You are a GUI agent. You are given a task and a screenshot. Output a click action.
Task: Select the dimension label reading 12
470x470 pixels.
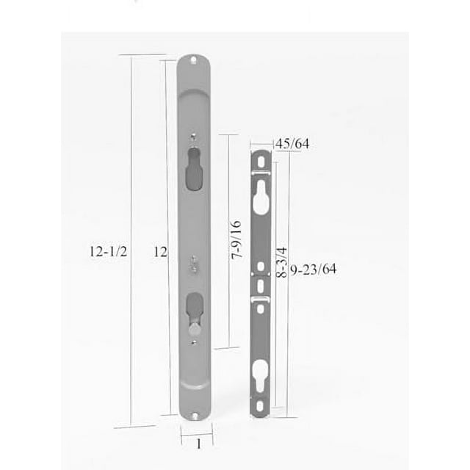(x=160, y=252)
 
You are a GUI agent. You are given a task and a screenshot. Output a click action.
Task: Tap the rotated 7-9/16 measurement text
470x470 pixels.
(x=236, y=240)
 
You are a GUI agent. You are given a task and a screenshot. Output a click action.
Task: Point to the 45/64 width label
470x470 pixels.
(x=291, y=143)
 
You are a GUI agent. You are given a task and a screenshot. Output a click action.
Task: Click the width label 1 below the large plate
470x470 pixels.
(x=197, y=444)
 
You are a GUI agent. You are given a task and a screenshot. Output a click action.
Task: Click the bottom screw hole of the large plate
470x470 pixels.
(x=195, y=416)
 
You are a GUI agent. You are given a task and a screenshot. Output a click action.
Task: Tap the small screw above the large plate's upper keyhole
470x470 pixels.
(x=192, y=137)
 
